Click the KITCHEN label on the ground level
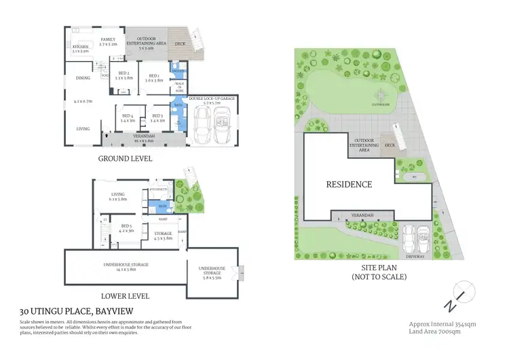[x=81, y=46]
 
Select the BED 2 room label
[x=123, y=73]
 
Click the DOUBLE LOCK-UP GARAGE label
[x=212, y=98]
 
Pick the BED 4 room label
[x=128, y=116]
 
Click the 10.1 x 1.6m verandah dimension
[x=145, y=141]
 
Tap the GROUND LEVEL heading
[x=125, y=158]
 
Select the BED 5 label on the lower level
[x=126, y=226]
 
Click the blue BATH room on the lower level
[x=163, y=204]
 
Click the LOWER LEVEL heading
[x=125, y=296]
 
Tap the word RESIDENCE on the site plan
[x=349, y=184]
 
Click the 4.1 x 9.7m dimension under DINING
[x=83, y=101]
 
